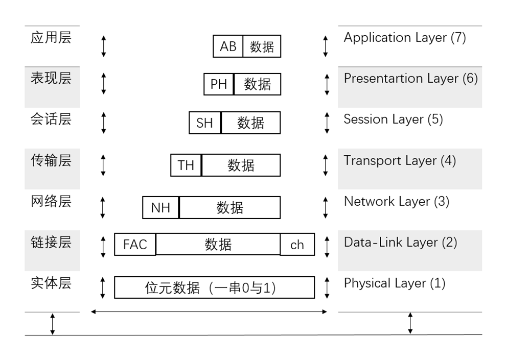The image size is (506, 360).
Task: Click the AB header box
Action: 228,46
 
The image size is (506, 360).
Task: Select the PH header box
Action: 218,84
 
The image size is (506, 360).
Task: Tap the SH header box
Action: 205,123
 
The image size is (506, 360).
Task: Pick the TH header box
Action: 186,165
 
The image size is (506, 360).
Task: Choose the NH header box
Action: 160,208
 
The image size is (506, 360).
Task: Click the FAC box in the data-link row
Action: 135,245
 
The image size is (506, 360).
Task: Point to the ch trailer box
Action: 297,245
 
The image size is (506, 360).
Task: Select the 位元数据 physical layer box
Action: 214,287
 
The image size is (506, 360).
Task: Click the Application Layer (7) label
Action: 405,38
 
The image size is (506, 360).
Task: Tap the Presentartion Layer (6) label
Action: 410,79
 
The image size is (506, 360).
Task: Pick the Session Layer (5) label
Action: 393,119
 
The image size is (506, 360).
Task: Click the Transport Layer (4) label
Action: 400,160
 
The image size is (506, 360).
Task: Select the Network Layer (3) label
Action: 396,202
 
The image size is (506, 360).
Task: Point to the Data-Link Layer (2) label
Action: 400,243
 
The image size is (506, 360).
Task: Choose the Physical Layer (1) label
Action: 395,283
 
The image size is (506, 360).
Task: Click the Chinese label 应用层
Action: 51,38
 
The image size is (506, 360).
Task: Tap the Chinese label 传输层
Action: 51,160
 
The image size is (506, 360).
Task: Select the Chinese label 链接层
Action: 51,243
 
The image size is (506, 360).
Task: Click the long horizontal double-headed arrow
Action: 209,311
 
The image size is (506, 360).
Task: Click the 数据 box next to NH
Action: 230,208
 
